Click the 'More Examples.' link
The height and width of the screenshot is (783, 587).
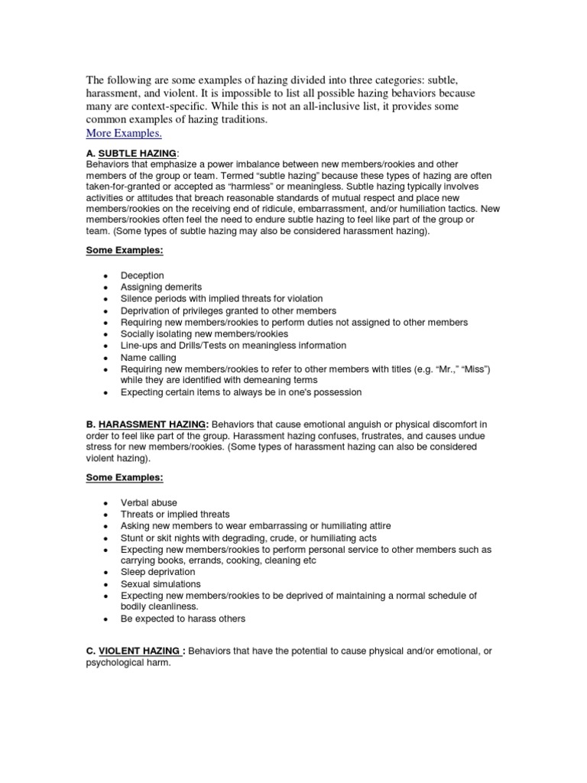[x=124, y=133]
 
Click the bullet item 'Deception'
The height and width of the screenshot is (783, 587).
[x=142, y=275]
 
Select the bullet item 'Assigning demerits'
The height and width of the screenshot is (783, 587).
[x=161, y=287]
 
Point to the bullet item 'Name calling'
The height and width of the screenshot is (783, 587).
[x=148, y=357]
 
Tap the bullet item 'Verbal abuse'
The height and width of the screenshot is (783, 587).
[x=149, y=502]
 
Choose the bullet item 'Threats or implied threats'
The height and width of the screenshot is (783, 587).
[x=175, y=515]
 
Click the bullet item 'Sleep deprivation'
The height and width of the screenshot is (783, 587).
[x=158, y=572]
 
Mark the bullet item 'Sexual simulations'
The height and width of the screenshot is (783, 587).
[x=161, y=583]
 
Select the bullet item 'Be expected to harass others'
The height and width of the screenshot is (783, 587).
[x=183, y=619]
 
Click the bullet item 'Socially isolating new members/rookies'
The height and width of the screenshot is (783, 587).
[x=204, y=334]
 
